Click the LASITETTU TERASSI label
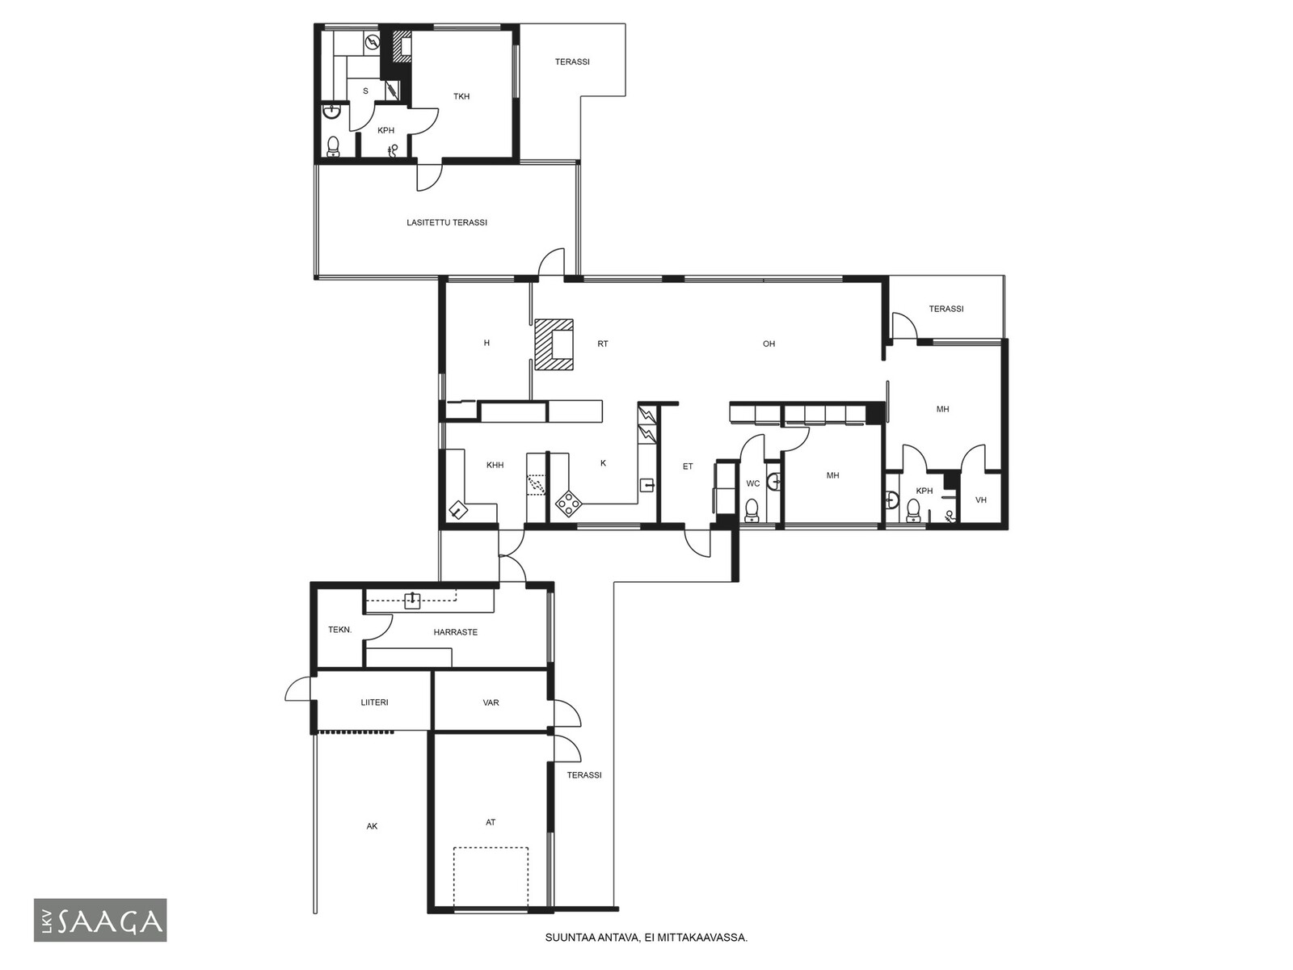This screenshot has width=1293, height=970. [447, 222]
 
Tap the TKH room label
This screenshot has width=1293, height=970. [461, 96]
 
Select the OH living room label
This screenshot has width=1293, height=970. [769, 344]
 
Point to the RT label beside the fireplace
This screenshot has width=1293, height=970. [603, 344]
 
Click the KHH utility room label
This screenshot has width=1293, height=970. [495, 466]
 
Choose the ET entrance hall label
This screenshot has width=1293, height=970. [688, 466]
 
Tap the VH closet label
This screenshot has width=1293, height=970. [981, 500]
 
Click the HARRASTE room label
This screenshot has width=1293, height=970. [455, 633]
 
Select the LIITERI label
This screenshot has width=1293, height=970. [375, 702]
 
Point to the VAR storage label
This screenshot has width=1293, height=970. [491, 702]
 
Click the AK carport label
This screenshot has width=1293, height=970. [372, 826]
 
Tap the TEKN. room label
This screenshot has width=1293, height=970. [340, 630]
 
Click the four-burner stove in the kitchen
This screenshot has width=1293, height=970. [569, 504]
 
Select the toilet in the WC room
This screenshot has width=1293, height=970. [752, 511]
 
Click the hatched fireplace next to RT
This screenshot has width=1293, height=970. [554, 344]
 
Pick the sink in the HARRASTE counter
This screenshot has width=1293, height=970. [412, 600]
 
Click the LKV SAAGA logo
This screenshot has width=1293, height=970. [100, 920]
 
